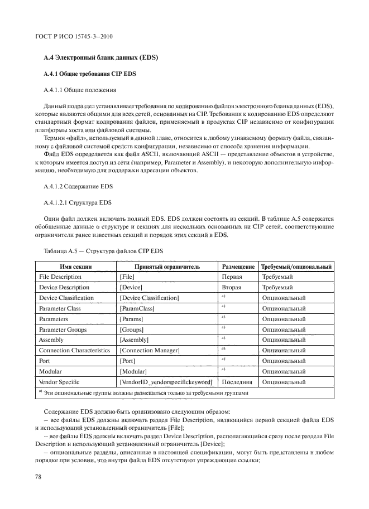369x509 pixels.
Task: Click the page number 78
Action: coord(39,477)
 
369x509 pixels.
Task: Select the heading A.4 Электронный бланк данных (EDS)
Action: coord(100,58)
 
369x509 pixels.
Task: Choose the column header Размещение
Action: coord(239,266)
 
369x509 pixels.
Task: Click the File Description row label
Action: coord(60,277)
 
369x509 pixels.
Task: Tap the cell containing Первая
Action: coord(232,277)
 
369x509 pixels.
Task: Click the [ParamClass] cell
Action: coord(137,308)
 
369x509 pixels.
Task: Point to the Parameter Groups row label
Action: coord(63,329)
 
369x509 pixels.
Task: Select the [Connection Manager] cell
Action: coord(150,351)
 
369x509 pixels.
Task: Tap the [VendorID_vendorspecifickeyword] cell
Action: coord(166,382)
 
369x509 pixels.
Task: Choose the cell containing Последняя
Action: coord(237,382)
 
